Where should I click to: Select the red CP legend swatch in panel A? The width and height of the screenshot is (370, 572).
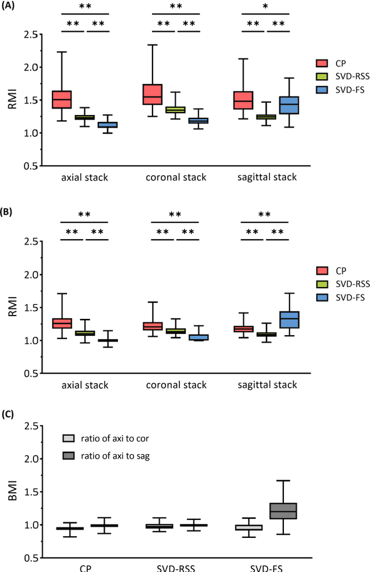pos(323,63)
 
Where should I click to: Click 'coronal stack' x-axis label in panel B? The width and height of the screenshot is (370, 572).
pos(175,384)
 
